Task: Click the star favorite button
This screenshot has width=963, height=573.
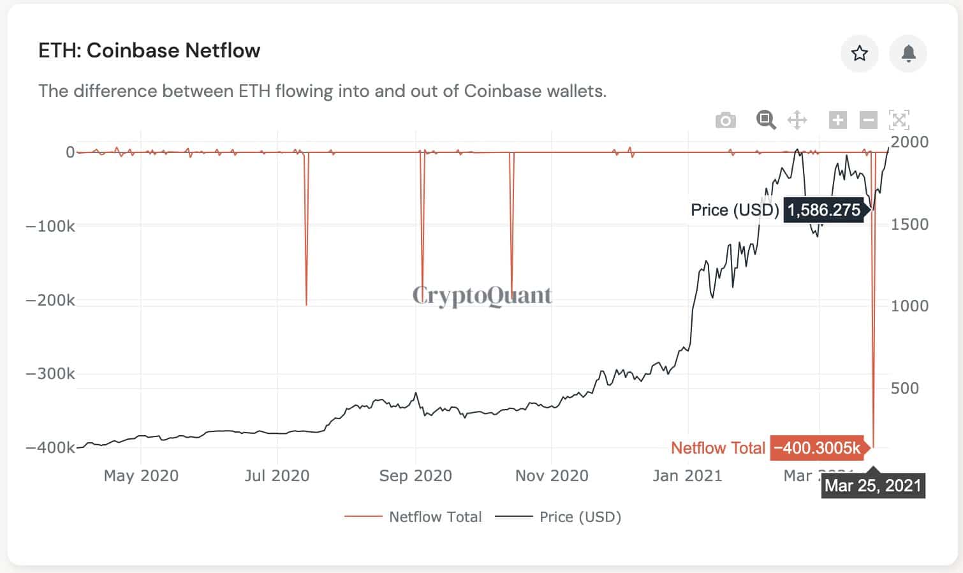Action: point(859,53)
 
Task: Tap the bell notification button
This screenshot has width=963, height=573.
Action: point(908,53)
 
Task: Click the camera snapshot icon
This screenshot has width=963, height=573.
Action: point(725,120)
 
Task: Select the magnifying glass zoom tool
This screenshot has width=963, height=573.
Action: point(765,119)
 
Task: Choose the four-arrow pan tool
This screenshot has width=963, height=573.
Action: point(797,120)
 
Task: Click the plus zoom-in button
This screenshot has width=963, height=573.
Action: point(837,120)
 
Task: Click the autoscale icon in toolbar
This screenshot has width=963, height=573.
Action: point(899,120)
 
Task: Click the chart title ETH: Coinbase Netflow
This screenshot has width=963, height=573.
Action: point(149,50)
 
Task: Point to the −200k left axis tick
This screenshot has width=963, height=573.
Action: point(50,300)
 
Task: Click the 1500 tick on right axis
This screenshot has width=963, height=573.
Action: point(909,224)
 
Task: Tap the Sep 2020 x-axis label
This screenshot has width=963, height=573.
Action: point(415,475)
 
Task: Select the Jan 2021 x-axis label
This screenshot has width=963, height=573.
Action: point(687,475)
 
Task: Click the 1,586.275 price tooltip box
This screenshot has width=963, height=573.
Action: point(823,210)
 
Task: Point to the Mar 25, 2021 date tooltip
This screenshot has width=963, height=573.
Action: point(872,486)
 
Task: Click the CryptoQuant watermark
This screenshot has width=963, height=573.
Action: point(482,295)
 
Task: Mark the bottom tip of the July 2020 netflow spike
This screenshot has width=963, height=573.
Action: point(306,305)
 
